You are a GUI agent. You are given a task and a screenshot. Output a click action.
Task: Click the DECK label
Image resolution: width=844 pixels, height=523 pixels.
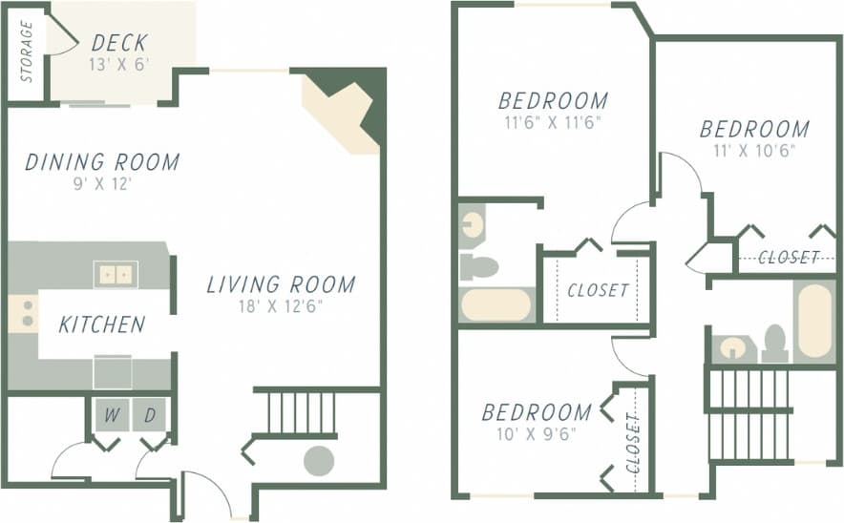pos(119,43)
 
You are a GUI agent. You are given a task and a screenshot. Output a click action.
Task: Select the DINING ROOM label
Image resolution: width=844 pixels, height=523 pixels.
pos(102,162)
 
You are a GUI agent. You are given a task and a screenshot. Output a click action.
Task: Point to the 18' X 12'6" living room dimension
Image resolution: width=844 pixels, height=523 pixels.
pos(282,306)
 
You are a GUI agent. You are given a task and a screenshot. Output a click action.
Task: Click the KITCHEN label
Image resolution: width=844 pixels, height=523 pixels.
pos(102,324)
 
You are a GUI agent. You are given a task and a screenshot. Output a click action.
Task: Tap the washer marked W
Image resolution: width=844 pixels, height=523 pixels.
pos(112,415)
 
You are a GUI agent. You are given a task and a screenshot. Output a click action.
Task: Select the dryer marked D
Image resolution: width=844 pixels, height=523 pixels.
pos(150,415)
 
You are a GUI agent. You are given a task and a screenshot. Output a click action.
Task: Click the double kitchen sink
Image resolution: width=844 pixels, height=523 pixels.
pos(116,274)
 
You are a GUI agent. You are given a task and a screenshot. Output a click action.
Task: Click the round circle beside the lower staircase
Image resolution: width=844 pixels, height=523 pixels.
pos(319,461)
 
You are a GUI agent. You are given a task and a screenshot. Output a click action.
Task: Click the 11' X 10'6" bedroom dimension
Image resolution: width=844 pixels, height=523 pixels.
pos(754,150)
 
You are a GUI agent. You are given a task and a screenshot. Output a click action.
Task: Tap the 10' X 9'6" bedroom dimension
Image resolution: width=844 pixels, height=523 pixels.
pos(536,434)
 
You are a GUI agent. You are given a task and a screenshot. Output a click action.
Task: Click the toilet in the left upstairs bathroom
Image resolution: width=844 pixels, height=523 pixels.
pos(478,267)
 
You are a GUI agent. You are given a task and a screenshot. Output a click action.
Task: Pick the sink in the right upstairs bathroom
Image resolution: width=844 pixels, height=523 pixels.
pos(733,347)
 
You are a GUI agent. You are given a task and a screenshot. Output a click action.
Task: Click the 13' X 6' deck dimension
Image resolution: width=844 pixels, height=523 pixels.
pos(119,66)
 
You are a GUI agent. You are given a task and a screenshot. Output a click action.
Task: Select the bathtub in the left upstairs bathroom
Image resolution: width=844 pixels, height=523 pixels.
pos(496,304)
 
